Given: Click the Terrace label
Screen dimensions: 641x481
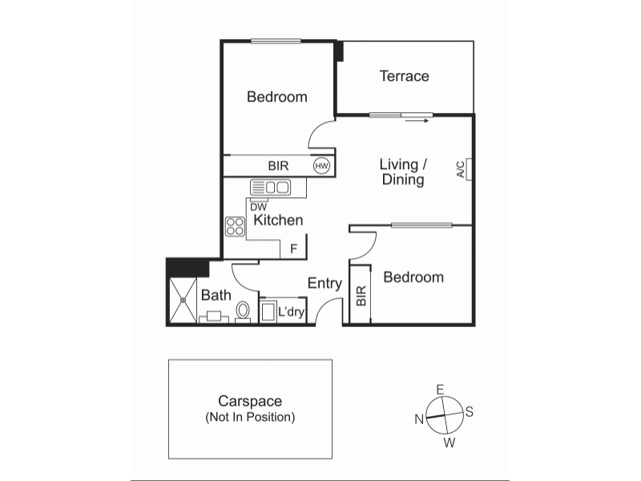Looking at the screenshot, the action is (x=405, y=76).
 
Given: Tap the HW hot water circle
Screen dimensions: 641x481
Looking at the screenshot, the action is (x=322, y=166).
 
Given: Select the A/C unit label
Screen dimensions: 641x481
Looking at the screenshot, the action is (x=461, y=169).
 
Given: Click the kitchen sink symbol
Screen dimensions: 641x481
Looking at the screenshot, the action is (x=270, y=188).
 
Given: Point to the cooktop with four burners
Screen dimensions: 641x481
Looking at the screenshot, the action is (x=235, y=227).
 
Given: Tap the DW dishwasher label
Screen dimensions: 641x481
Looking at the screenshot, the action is (x=258, y=207).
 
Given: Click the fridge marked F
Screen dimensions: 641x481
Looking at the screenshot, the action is (x=293, y=249).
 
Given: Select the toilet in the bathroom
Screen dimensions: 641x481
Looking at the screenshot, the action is (x=243, y=312).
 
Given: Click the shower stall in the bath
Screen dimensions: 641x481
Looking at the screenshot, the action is (x=183, y=300).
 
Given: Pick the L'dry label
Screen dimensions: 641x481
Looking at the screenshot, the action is (x=291, y=312).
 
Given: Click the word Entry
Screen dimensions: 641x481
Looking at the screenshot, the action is (x=325, y=284).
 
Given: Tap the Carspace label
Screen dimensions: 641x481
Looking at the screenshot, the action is (x=250, y=401).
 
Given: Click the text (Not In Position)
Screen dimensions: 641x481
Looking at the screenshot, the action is (x=250, y=417).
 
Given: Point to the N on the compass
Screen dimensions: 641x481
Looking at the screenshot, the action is (x=419, y=419).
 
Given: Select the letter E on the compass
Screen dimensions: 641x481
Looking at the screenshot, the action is (x=440, y=389).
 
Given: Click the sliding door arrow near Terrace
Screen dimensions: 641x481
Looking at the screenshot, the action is (x=417, y=121).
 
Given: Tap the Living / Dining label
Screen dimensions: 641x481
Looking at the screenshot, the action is (x=403, y=172).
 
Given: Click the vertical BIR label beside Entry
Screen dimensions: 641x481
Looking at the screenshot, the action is (x=361, y=296).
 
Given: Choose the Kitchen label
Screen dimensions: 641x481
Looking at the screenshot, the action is (x=278, y=220).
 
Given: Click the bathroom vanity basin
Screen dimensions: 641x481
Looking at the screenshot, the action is (x=214, y=317).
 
